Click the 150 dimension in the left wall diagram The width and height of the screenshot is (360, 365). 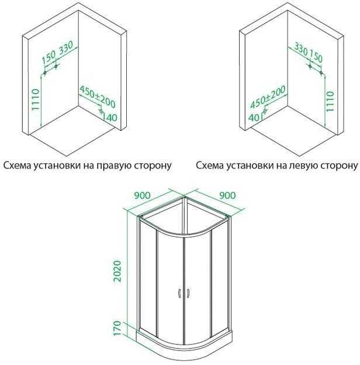click(x=49, y=56)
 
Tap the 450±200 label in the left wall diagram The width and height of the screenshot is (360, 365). click(x=97, y=97)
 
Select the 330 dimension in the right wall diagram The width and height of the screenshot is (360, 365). click(x=300, y=47)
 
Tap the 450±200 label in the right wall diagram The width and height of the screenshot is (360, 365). click(x=268, y=97)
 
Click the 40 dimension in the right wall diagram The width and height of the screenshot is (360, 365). click(x=253, y=117)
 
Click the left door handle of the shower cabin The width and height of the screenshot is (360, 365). click(x=178, y=293)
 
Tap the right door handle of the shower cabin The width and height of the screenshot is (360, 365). click(x=188, y=293)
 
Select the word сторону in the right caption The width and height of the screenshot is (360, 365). click(x=338, y=166)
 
